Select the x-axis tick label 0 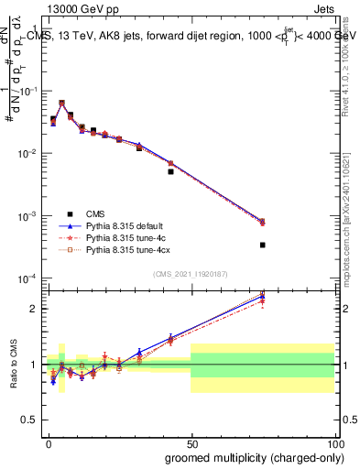coord(48,442)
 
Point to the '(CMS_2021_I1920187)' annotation coord(191,273)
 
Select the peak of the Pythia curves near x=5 coord(61,103)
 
